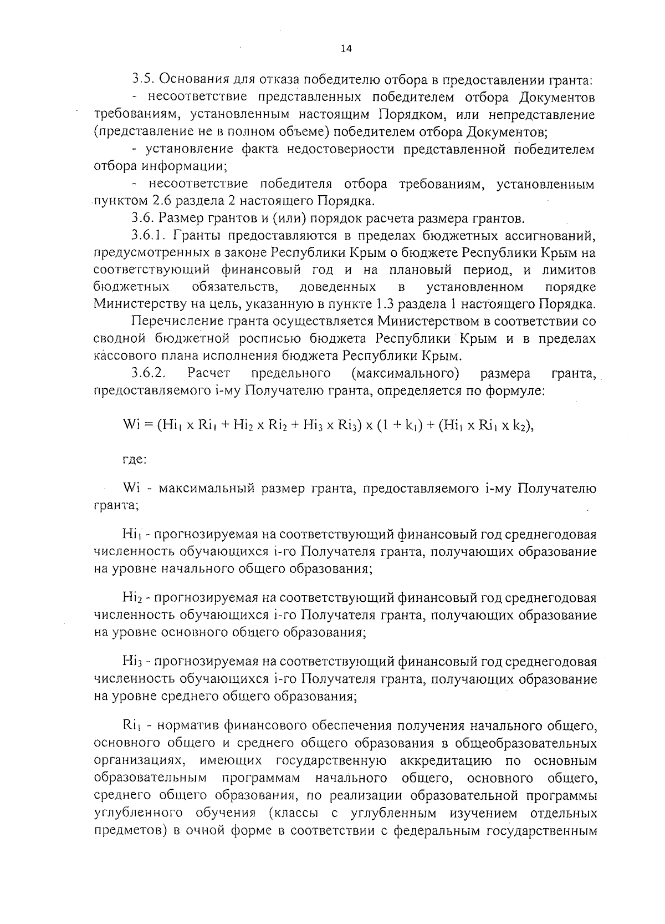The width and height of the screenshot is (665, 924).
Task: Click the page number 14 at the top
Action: click(x=346, y=49)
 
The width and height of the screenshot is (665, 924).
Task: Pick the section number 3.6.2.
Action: click(x=150, y=373)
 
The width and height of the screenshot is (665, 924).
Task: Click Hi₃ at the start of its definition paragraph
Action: click(x=132, y=661)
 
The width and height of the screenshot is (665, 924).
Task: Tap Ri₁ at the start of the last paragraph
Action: click(x=132, y=725)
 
